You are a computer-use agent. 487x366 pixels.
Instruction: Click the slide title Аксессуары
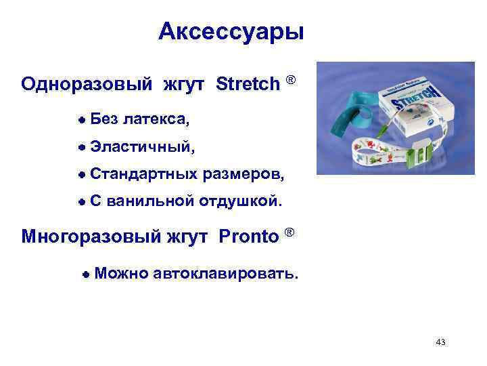click(x=231, y=32)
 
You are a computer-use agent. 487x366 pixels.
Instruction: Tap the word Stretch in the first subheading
click(x=248, y=84)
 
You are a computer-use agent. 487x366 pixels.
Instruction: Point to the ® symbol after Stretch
click(x=291, y=81)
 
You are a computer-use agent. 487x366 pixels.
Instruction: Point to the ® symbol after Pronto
click(x=289, y=233)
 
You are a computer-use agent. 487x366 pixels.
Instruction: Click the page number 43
click(x=441, y=342)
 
